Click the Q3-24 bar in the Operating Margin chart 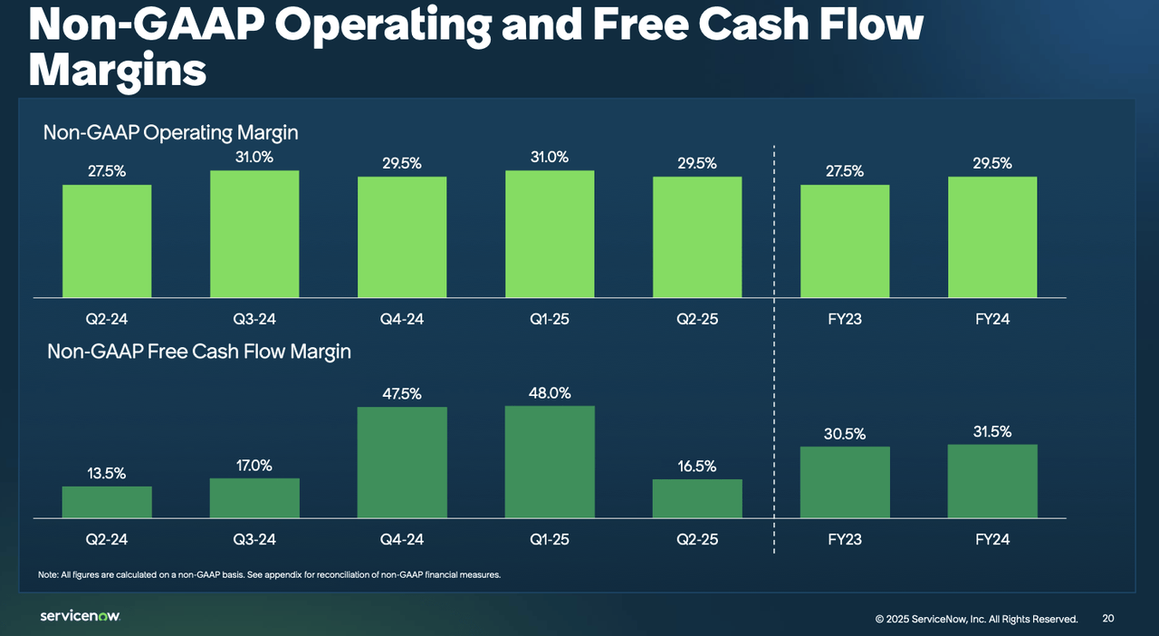254,234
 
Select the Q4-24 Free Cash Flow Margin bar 402,462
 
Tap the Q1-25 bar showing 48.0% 550,462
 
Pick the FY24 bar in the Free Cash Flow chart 992,481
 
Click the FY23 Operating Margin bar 845,241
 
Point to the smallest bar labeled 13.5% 107,502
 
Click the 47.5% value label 402,394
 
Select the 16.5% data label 697,467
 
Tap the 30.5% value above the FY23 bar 845,434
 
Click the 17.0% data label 254,466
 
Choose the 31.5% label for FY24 992,432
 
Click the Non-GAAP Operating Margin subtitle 170,133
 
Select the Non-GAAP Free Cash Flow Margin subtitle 198,352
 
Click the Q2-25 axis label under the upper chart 697,319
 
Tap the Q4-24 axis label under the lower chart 402,539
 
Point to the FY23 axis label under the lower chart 845,539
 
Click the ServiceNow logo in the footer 80,616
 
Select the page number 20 1108,618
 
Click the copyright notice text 976,619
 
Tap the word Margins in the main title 118,70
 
